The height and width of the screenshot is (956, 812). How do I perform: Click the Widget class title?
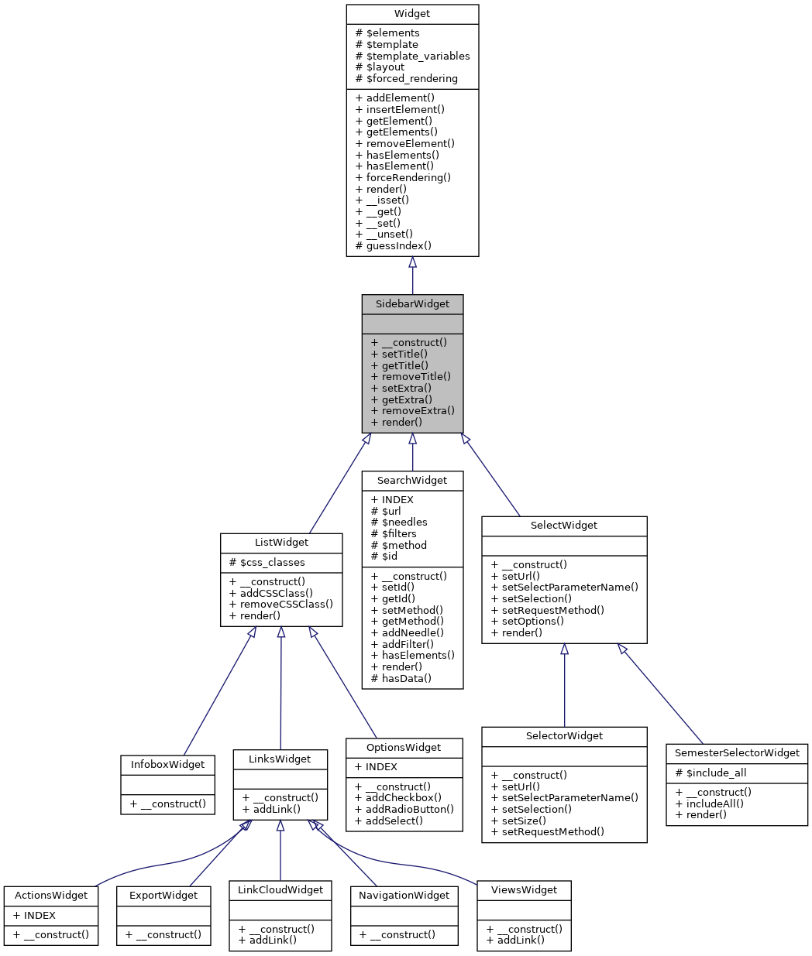pos(412,14)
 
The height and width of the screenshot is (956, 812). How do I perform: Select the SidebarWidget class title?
pos(412,304)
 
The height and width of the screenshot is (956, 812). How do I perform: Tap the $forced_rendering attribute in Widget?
pos(406,78)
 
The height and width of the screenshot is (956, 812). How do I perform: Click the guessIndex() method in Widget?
pos(393,245)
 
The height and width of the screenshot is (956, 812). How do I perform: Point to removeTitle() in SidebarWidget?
pos(411,376)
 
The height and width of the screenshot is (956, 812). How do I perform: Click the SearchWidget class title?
pos(412,481)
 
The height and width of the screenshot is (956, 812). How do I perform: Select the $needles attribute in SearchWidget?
pos(399,523)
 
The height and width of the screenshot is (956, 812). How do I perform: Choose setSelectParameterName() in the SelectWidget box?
pos(564,588)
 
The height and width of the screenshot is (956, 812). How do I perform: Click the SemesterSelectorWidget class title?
pos(737,753)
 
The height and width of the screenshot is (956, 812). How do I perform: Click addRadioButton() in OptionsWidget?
pos(404,810)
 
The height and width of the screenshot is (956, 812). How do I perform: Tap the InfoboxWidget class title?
pos(167,765)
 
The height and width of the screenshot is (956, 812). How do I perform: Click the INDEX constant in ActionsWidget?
pos(34,916)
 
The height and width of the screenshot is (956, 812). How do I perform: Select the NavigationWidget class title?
pos(404,896)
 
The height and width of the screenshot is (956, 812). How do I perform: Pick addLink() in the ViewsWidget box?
pos(515,941)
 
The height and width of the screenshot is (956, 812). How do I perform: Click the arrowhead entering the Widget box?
pos(412,263)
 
